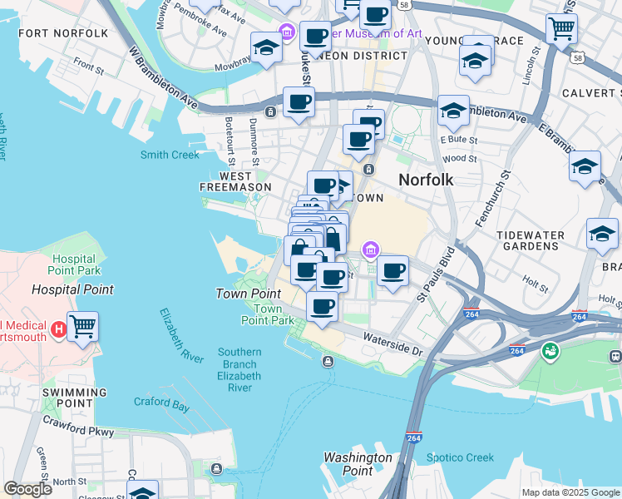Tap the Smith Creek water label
pyautogui.click(x=170, y=155)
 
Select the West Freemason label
pyautogui.click(x=234, y=181)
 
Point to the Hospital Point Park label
pyautogui.click(x=76, y=265)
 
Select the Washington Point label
pyautogui.click(x=358, y=464)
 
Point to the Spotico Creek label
pyautogui.click(x=460, y=457)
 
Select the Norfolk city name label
pyautogui.click(x=426, y=179)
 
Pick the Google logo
pyautogui.click(x=27, y=489)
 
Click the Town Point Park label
pyautogui.click(x=268, y=314)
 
